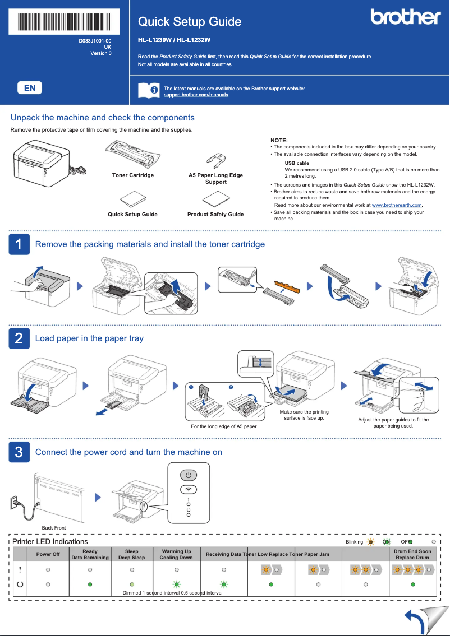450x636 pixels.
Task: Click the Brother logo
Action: (x=405, y=17)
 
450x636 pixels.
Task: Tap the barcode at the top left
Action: (x=65, y=21)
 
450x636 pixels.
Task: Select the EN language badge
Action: (x=30, y=88)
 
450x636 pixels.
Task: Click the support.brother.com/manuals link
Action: (x=195, y=95)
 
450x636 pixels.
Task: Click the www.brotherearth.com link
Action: (x=396, y=205)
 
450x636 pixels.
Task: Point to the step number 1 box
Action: (x=19, y=244)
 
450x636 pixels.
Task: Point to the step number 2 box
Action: (x=19, y=338)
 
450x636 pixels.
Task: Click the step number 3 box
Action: (x=19, y=452)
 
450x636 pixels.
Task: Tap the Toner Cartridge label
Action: (x=132, y=175)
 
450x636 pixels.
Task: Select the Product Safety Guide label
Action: (x=215, y=215)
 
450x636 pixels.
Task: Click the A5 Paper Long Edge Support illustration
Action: (x=215, y=159)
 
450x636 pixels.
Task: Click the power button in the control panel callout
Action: (x=189, y=475)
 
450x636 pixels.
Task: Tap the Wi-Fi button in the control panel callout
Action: (x=189, y=489)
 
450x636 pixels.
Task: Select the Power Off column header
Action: (x=48, y=555)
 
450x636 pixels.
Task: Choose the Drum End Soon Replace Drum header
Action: (x=412, y=555)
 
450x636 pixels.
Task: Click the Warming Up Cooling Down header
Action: (x=176, y=555)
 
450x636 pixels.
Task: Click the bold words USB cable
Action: (x=297, y=163)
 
